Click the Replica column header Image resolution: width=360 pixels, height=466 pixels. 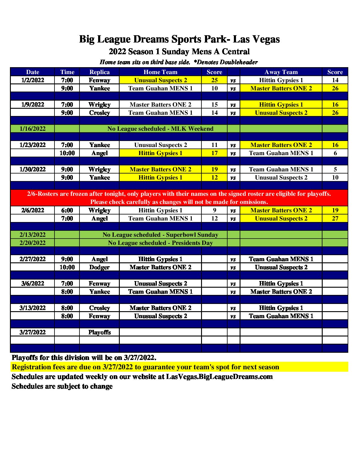click(x=99, y=72)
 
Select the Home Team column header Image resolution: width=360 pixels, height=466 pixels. click(x=160, y=72)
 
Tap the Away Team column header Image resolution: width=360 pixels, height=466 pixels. click(x=281, y=72)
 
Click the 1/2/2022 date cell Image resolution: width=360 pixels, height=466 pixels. click(x=33, y=80)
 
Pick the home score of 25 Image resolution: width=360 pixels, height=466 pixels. click(x=214, y=80)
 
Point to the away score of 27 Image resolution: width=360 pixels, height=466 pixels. click(x=335, y=218)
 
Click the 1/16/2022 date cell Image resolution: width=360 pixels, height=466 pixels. click(x=33, y=129)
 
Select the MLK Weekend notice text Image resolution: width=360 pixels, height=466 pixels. click(x=160, y=129)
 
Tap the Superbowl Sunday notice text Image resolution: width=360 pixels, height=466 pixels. click(x=160, y=235)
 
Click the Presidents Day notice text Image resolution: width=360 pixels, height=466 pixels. click(x=160, y=243)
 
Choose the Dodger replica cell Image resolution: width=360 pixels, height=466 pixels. click(x=99, y=267)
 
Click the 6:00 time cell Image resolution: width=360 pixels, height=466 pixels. click(x=67, y=210)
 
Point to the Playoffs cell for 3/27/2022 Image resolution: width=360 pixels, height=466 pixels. click(x=99, y=332)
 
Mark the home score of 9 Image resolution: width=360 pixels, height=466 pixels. click(x=214, y=210)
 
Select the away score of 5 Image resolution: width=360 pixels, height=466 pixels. click(x=335, y=169)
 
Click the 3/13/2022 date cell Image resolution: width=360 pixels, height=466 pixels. click(x=33, y=308)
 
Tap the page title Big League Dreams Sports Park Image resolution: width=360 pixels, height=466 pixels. click(x=179, y=39)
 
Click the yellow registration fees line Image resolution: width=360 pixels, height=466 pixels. click(x=145, y=367)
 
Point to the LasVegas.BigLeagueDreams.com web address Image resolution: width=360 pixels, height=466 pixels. click(x=219, y=377)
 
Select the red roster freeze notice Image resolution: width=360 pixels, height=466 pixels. click(x=179, y=198)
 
